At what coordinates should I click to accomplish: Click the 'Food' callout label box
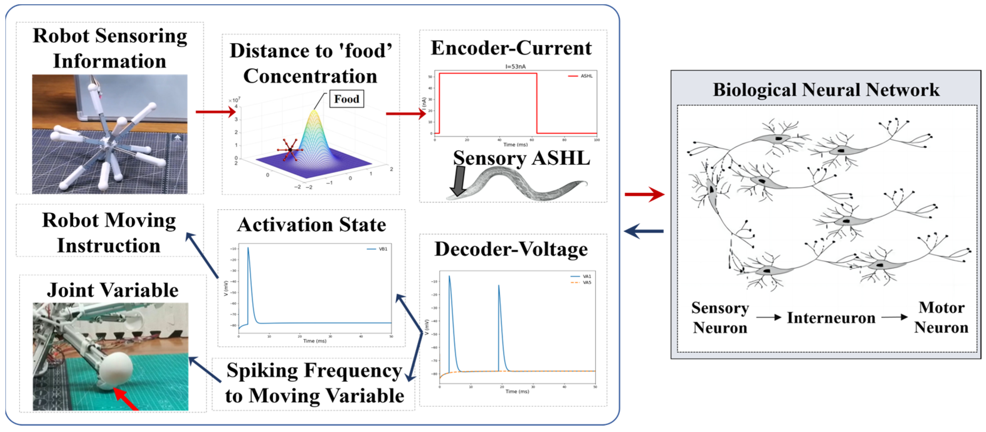click(x=346, y=99)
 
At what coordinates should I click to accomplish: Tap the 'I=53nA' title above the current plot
click(x=515, y=67)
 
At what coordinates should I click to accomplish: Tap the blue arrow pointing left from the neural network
click(x=644, y=231)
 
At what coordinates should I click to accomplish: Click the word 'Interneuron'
click(x=831, y=318)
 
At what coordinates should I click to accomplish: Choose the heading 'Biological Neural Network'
click(x=826, y=90)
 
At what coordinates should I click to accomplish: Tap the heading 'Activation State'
click(x=312, y=225)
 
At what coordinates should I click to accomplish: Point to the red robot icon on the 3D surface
click(x=290, y=150)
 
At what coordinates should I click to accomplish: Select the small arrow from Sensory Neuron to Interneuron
click(x=768, y=317)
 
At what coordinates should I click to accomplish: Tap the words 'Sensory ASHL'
click(x=521, y=159)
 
